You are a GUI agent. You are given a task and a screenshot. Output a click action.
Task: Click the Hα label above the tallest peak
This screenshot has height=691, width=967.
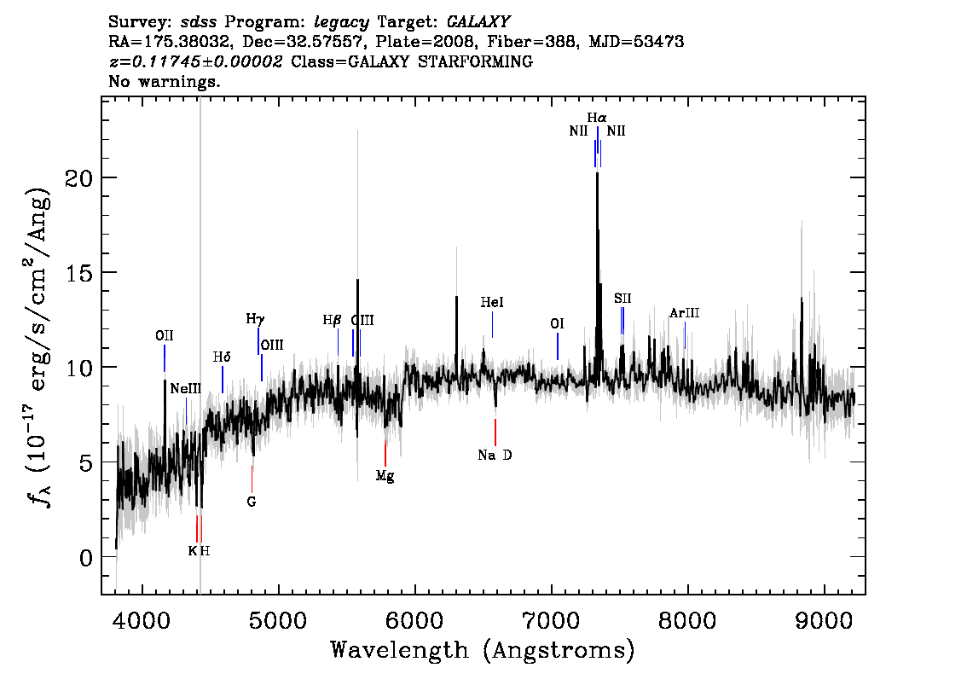click(x=596, y=117)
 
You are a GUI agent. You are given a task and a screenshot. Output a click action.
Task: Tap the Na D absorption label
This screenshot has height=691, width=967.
click(x=495, y=456)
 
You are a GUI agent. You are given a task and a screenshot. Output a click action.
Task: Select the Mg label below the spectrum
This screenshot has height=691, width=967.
click(x=385, y=476)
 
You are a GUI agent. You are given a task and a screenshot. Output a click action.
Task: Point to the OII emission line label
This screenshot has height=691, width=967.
click(x=164, y=335)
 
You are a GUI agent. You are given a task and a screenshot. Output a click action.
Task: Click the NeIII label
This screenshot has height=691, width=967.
click(x=186, y=389)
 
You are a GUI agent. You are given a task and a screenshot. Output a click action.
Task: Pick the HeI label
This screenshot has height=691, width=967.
click(x=492, y=302)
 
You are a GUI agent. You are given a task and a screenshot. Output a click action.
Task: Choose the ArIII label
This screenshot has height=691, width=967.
click(x=685, y=313)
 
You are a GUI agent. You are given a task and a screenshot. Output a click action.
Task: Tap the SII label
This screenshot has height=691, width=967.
click(x=622, y=299)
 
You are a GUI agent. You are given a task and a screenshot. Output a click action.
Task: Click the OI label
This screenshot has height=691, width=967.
click(x=557, y=324)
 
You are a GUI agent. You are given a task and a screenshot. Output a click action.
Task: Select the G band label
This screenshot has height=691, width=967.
click(x=251, y=502)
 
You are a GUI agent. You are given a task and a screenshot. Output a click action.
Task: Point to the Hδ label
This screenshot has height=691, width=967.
click(x=222, y=357)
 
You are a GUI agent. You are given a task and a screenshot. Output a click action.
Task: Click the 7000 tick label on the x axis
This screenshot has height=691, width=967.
click(x=550, y=620)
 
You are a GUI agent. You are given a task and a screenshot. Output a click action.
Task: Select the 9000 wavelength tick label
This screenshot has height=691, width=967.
click(x=823, y=620)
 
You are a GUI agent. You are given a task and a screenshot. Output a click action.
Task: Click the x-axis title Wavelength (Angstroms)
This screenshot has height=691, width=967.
click(x=483, y=650)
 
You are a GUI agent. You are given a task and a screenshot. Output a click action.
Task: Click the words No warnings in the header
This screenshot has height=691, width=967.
click(x=164, y=81)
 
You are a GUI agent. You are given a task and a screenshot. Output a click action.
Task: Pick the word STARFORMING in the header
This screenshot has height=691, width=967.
click(x=475, y=61)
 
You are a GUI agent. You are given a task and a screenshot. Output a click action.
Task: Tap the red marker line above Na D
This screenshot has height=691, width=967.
click(x=495, y=432)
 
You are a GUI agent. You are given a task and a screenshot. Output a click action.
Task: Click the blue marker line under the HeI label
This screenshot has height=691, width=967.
click(x=492, y=324)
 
